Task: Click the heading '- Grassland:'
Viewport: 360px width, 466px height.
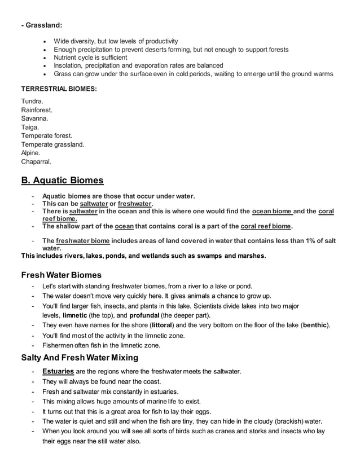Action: [42, 25]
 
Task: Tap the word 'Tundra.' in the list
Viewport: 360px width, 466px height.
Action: [33, 102]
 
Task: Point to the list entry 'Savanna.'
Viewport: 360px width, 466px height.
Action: [35, 118]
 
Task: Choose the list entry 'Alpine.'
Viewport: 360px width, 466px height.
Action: [31, 153]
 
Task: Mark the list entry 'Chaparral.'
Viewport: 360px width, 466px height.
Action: [36, 161]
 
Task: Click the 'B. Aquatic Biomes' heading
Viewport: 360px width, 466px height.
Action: [62, 181]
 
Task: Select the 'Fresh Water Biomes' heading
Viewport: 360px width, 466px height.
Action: [61, 275]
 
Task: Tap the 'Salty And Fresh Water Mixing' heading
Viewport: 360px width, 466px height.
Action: [80, 357]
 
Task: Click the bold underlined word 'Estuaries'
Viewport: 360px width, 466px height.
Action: [58, 371]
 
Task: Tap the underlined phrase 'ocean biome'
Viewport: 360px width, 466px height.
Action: [273, 212]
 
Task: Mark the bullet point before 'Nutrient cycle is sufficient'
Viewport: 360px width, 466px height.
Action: [45, 58]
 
